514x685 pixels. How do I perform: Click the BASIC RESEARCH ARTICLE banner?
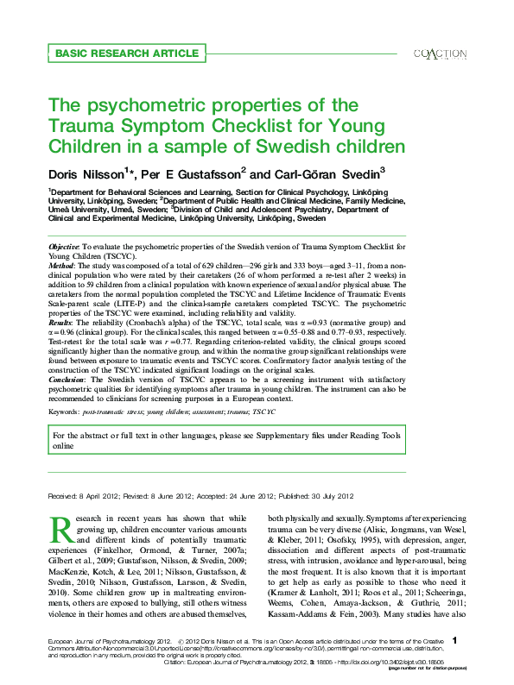(113, 53)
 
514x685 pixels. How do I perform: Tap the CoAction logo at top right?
(441, 53)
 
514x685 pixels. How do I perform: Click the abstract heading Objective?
(64, 248)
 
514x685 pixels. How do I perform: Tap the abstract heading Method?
(62, 267)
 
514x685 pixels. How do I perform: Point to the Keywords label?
(65, 412)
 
